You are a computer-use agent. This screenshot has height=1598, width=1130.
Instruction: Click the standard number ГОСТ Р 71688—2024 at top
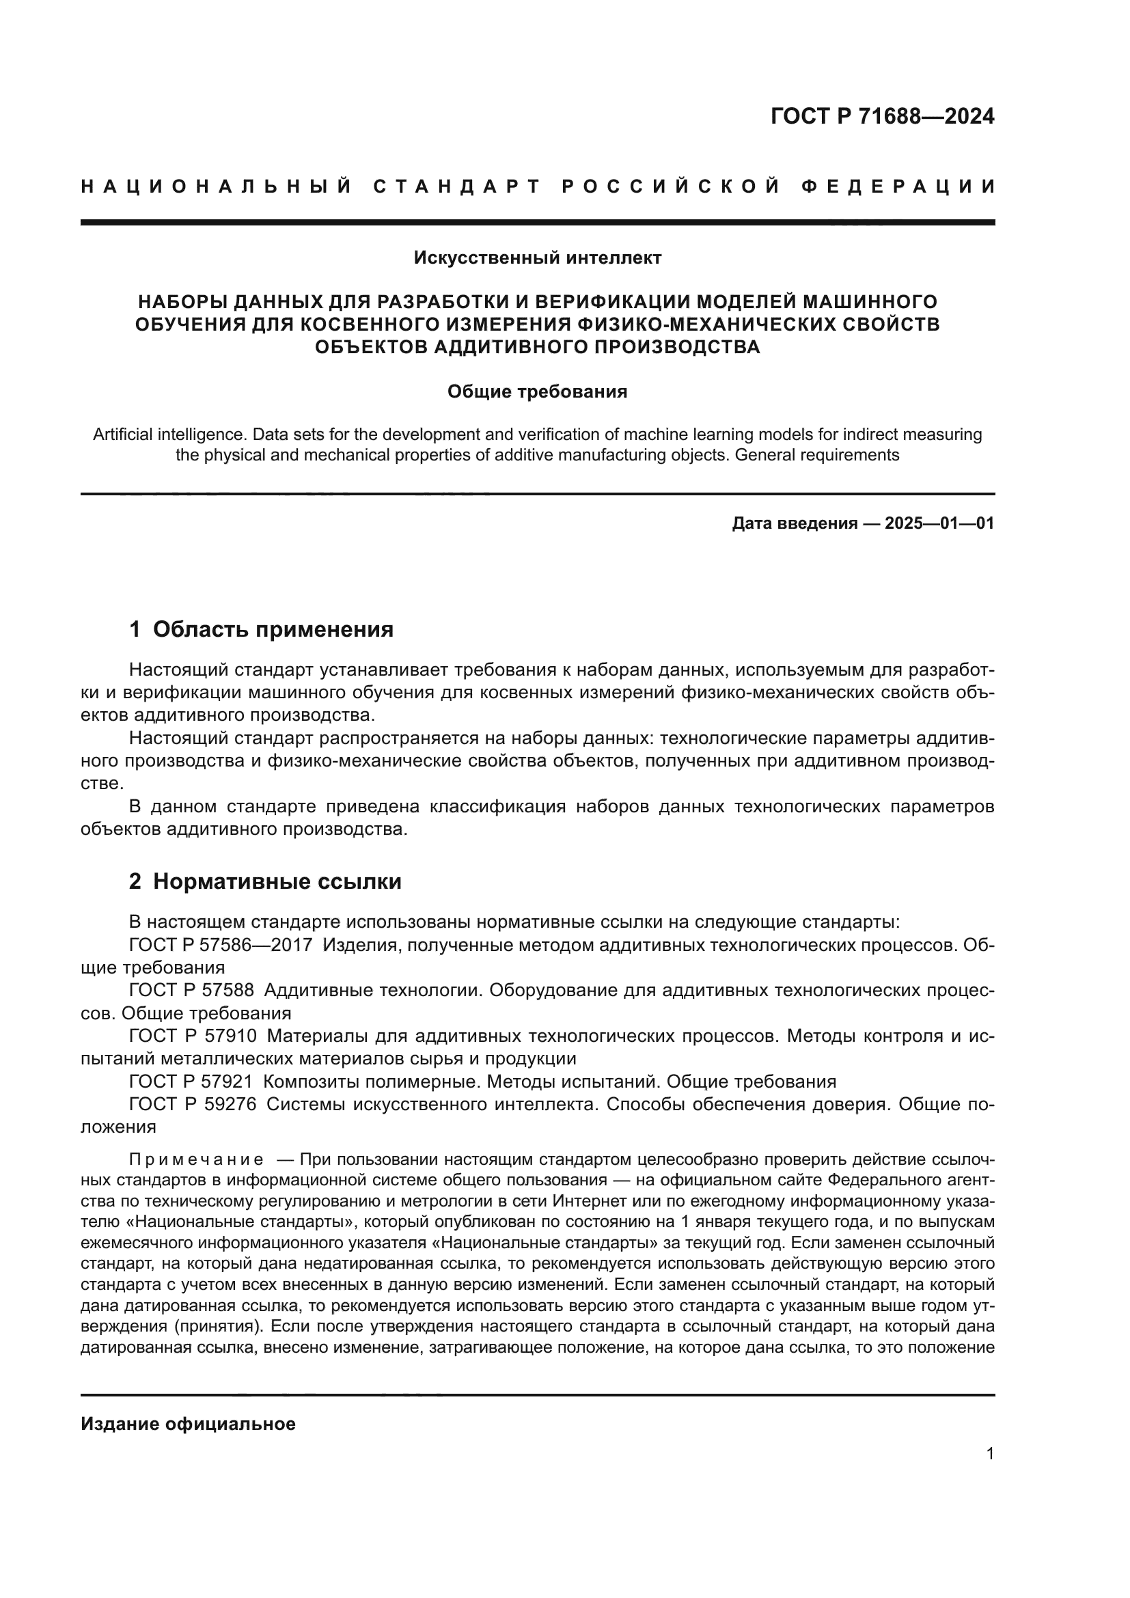pyautogui.click(x=881, y=116)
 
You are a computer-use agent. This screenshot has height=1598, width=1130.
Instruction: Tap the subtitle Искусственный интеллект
pyautogui.click(x=537, y=258)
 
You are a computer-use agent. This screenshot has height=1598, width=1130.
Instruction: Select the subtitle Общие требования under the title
pyautogui.click(x=537, y=392)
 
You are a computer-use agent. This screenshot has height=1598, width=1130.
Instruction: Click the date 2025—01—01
pyautogui.click(x=939, y=523)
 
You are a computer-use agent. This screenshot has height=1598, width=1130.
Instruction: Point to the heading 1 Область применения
pyautogui.click(x=262, y=629)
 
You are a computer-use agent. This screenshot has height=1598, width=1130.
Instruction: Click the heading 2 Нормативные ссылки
pyautogui.click(x=265, y=881)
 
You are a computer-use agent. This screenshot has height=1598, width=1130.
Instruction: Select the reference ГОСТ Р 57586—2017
pyautogui.click(x=221, y=945)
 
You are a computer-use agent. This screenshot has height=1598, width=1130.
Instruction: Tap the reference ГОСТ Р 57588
pyautogui.click(x=191, y=991)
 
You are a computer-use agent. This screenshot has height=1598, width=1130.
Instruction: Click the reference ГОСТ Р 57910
pyautogui.click(x=193, y=1036)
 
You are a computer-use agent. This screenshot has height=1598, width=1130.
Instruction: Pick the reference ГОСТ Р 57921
pyautogui.click(x=191, y=1082)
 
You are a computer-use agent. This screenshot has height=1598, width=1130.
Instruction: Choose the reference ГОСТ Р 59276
pyautogui.click(x=193, y=1105)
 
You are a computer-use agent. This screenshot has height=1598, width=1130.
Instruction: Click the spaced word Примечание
pyautogui.click(x=196, y=1159)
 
